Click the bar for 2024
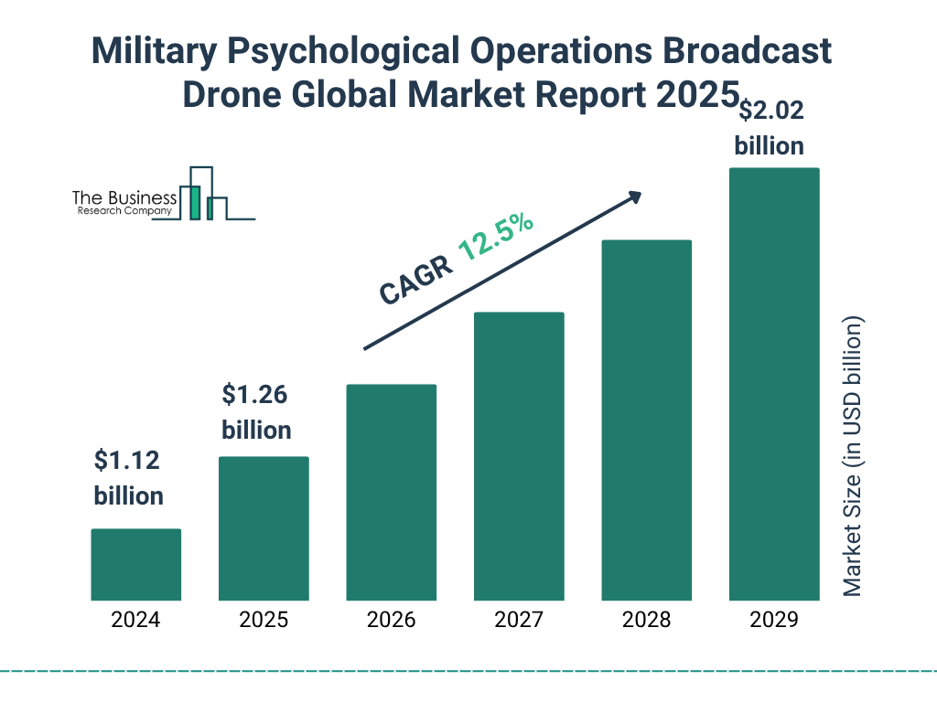(x=135, y=564)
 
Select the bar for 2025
(x=264, y=528)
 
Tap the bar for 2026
(x=391, y=492)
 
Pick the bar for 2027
(x=519, y=456)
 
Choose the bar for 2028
(x=646, y=420)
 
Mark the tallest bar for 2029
(x=773, y=384)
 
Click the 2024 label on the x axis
(x=135, y=620)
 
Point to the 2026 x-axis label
(x=391, y=620)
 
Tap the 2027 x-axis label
(x=519, y=620)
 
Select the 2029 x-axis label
(x=773, y=620)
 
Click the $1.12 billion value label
(x=128, y=478)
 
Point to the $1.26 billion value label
(x=256, y=412)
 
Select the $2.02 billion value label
(x=770, y=128)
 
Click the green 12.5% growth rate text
(x=496, y=238)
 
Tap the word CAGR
(x=415, y=280)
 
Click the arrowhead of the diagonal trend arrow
(x=634, y=197)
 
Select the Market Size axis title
(x=853, y=456)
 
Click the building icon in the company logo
(x=202, y=194)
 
